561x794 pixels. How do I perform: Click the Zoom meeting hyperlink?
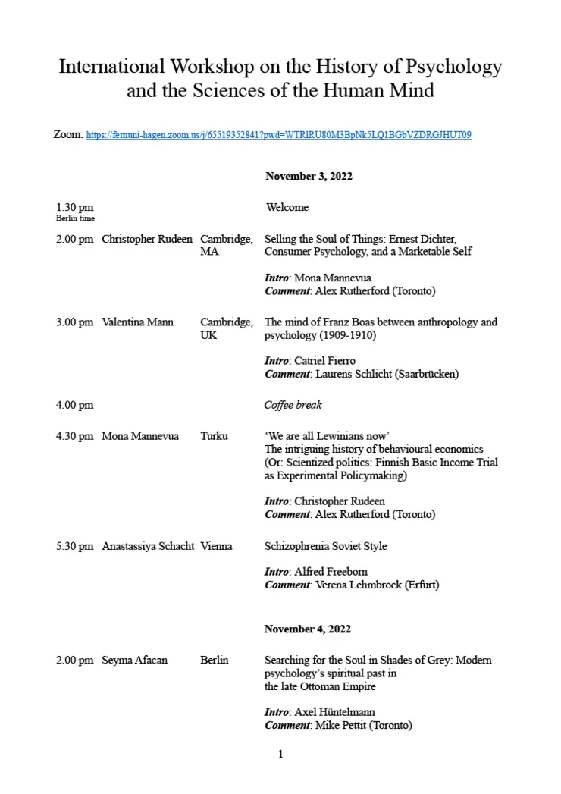279,135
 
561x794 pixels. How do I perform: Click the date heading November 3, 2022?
309,176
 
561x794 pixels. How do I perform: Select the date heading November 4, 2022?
307,629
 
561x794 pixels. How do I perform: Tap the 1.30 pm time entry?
74,207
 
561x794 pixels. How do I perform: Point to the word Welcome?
287,207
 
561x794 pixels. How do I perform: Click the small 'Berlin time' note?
75,218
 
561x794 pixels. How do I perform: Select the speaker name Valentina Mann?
137,322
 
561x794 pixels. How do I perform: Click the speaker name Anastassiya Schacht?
148,546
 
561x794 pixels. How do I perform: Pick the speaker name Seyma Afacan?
134,660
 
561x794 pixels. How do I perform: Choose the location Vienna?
216,546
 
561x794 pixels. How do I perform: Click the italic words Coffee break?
293,405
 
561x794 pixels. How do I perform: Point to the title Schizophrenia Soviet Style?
325,546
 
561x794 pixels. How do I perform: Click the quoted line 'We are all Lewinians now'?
327,436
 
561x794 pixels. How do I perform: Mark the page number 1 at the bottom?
280,754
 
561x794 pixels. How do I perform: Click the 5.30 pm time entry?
74,546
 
